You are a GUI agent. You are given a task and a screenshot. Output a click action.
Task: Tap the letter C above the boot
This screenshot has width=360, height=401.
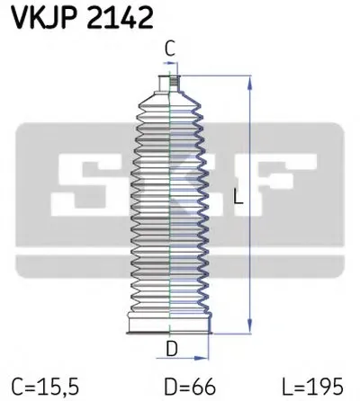click(170, 50)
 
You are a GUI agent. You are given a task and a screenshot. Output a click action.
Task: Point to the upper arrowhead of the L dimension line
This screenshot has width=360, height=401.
click(248, 82)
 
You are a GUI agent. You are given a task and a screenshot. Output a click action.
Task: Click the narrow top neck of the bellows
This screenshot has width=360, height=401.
click(169, 85)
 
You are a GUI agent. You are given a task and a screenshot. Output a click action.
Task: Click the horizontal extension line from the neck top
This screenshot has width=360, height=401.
click(216, 77)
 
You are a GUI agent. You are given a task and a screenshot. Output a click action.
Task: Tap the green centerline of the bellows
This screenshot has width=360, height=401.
click(170, 207)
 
